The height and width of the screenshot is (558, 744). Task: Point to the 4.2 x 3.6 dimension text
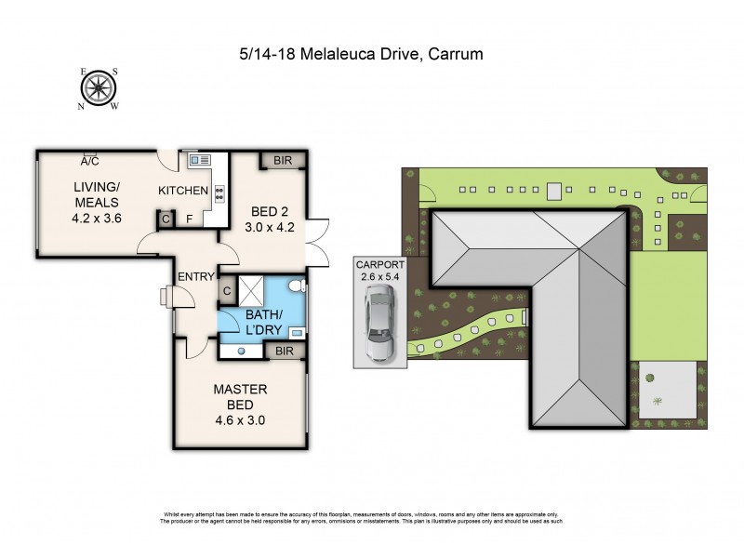tap(98, 219)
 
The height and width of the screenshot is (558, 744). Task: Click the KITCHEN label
tap(183, 191)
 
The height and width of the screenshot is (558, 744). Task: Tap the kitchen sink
tap(200, 162)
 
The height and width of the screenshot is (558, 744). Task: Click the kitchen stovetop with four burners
tap(219, 193)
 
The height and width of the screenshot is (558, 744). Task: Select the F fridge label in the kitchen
tap(190, 219)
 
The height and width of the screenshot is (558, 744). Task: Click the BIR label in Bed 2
tap(283, 161)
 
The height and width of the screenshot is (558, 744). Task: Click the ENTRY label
tap(197, 276)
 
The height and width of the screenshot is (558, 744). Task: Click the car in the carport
tap(379, 323)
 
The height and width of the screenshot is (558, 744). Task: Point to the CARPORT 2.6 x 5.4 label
tap(379, 271)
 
